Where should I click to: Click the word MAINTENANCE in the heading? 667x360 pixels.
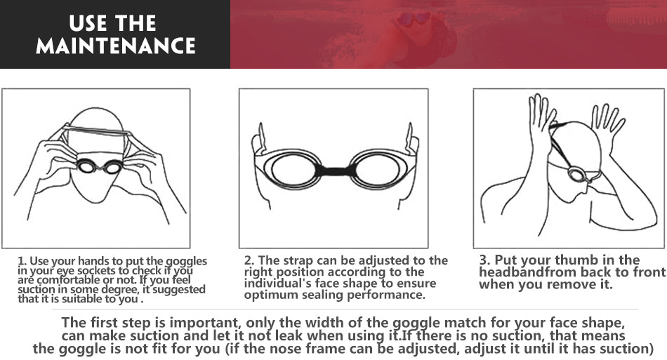(115, 46)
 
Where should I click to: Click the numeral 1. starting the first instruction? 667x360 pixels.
(22, 261)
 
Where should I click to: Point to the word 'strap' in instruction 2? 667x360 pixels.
(290, 260)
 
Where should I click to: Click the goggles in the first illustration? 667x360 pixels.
(99, 166)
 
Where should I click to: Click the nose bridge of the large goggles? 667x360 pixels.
(334, 170)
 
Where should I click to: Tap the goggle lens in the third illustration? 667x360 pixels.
(577, 173)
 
